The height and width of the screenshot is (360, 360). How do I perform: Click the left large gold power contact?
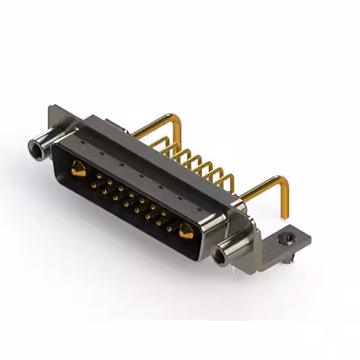(x=79, y=166)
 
